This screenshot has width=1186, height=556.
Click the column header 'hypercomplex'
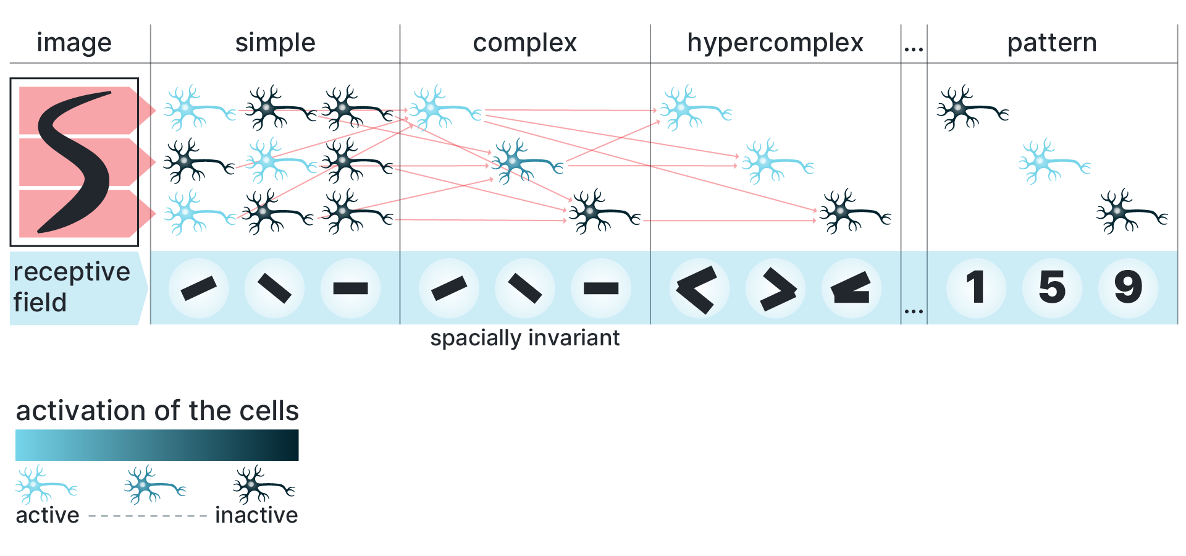[x=775, y=43]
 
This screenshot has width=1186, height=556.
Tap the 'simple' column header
[x=275, y=43]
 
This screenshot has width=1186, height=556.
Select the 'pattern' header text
[x=1051, y=43]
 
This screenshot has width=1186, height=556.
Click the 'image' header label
[x=74, y=43]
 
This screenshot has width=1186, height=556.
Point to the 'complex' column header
[x=524, y=43]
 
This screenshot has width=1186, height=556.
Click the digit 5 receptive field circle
[x=1052, y=287]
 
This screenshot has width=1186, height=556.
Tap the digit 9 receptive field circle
[x=1128, y=287]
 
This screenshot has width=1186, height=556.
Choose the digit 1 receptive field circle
[x=976, y=287]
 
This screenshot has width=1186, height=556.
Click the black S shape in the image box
[x=74, y=162]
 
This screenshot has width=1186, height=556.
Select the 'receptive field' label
[x=71, y=287]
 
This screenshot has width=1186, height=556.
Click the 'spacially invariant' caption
[x=524, y=338]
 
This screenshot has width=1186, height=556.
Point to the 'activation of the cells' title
[x=157, y=411]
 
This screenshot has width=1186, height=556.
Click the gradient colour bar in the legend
[x=157, y=445]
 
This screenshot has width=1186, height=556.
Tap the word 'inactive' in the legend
[x=256, y=515]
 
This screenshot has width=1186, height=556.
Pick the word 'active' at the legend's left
[x=48, y=515]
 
